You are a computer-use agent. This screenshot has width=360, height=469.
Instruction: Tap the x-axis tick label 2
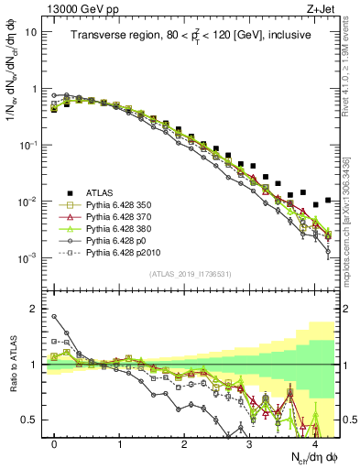pos(184,443)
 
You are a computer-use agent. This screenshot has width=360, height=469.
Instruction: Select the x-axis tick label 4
pos(314,443)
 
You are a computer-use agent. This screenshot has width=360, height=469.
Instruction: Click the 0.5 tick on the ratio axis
pos(32,420)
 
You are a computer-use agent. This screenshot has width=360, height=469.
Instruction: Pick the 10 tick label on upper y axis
pos(30,32)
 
